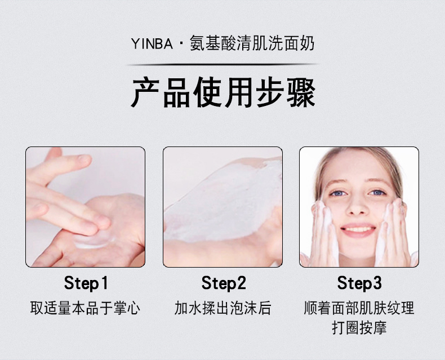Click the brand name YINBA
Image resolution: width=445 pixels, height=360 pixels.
point(152,44)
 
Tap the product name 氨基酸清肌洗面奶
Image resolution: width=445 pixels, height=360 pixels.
point(252,44)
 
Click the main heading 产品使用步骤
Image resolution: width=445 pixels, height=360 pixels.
point(223,92)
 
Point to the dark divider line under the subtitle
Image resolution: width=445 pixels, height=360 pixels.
point(222,65)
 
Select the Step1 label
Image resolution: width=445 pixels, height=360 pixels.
point(86,283)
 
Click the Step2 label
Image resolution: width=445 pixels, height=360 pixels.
point(224,283)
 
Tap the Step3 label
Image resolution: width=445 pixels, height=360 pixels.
point(359,283)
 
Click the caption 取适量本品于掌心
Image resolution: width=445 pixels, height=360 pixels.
point(85,308)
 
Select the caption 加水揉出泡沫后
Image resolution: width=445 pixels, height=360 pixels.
point(223,308)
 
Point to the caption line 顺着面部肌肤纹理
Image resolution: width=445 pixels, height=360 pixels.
point(359,308)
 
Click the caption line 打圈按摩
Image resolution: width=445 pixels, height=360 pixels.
point(359,328)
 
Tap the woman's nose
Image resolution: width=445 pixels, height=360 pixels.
point(357,207)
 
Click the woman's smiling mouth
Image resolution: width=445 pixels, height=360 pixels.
point(358,230)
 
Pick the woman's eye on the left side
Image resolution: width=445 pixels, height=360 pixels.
point(338,193)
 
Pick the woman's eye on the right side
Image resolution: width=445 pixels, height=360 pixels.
point(377,193)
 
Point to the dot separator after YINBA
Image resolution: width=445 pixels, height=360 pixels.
point(181,45)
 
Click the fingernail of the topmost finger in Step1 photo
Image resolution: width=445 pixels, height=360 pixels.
point(84,159)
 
